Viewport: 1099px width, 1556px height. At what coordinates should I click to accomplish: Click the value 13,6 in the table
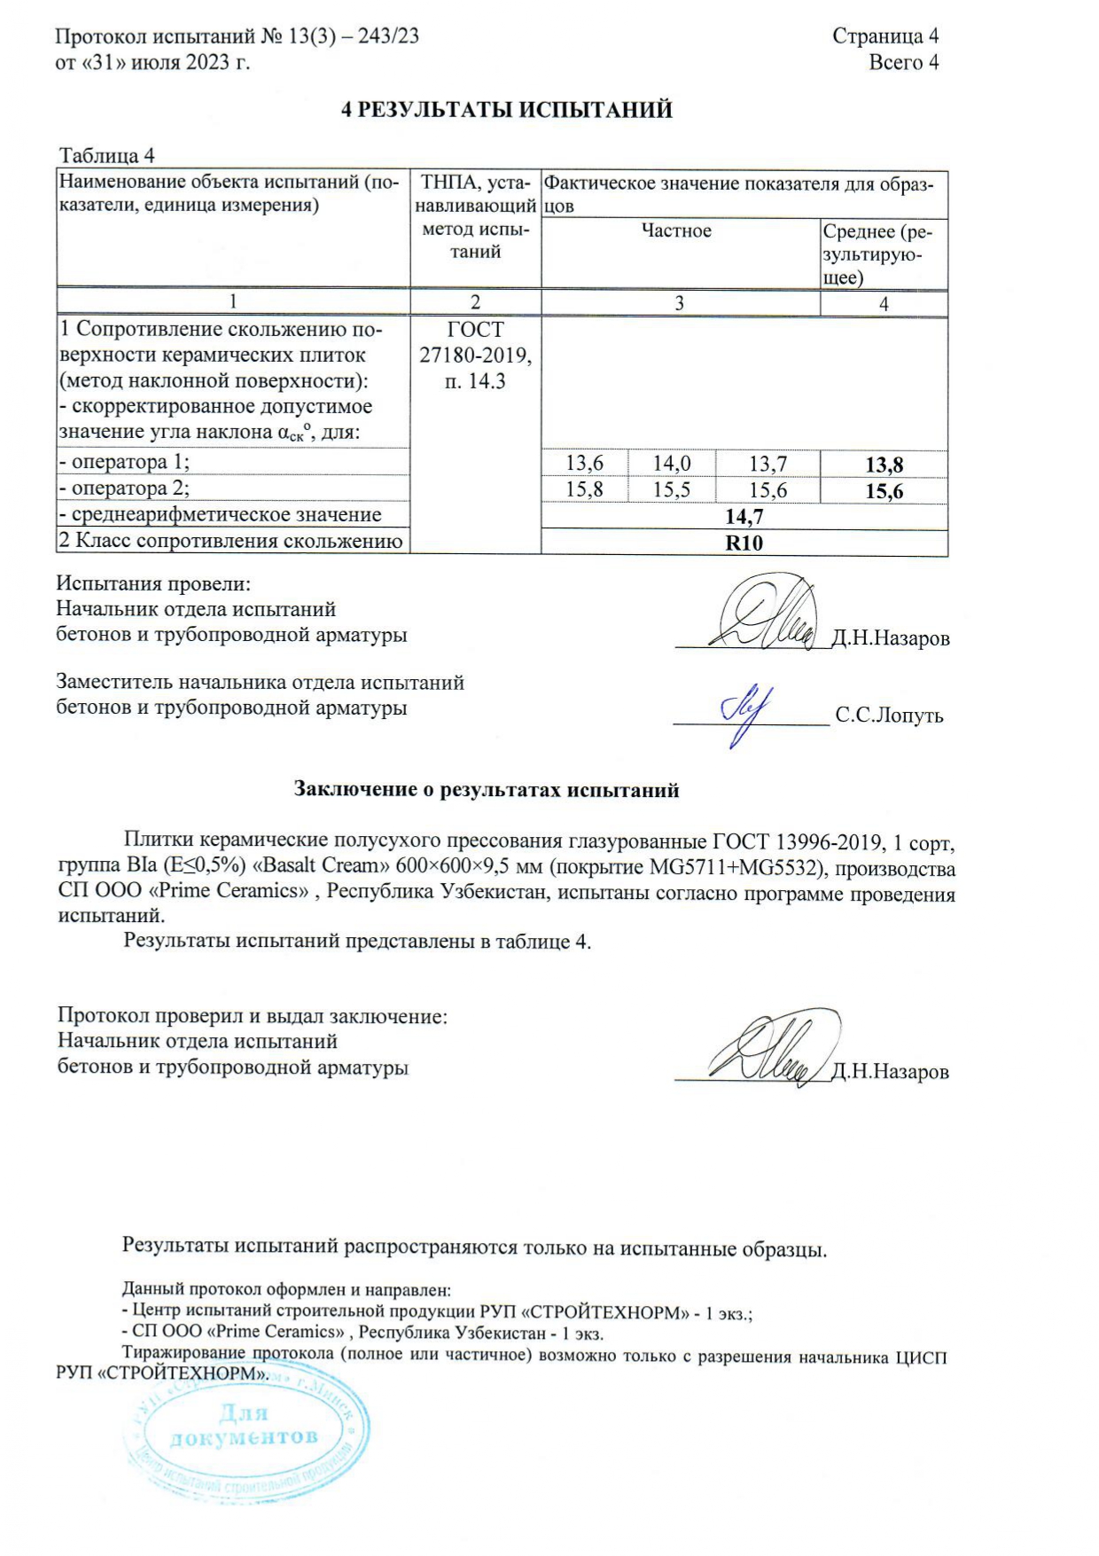pos(584,463)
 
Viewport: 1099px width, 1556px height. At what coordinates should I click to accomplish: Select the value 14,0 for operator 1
pos(672,463)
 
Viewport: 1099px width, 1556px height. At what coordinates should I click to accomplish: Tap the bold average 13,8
pos(884,465)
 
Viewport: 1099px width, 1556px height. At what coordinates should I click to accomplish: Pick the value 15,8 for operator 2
pos(584,489)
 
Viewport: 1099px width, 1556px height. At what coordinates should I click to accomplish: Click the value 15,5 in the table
pos(672,489)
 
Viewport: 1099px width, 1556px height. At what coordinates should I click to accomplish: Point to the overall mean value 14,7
pos(744,517)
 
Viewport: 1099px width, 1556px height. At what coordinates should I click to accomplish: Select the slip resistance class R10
pos(744,543)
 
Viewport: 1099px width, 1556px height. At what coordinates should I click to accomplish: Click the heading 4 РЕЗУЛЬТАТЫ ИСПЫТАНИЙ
pos(507,110)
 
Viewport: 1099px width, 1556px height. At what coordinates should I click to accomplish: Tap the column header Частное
pos(677,231)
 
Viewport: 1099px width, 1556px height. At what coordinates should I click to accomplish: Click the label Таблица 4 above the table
pos(107,156)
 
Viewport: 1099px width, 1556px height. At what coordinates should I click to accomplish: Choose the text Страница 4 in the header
pos(885,36)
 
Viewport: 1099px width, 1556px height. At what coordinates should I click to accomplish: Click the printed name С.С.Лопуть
pos(889,716)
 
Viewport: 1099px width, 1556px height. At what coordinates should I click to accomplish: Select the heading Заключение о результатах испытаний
pos(487,790)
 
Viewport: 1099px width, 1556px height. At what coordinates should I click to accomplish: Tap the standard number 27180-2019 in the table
pos(475,356)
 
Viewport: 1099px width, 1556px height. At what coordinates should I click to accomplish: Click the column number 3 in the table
pos(679,303)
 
